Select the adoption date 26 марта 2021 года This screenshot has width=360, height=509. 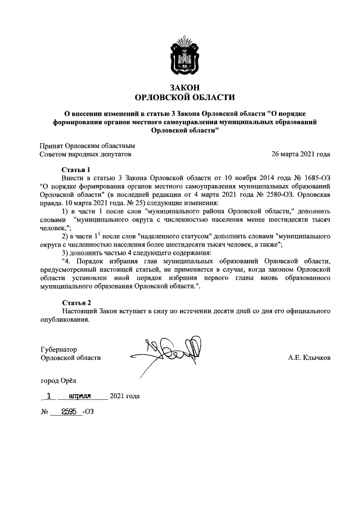coord(300,154)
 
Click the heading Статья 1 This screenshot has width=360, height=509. coord(75,169)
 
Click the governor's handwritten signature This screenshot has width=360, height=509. coord(169,349)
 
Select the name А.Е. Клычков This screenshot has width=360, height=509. coord(309,358)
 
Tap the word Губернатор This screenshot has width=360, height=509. coord(58,349)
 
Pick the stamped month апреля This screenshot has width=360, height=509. coord(80,395)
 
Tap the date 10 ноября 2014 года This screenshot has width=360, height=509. coord(244,177)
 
